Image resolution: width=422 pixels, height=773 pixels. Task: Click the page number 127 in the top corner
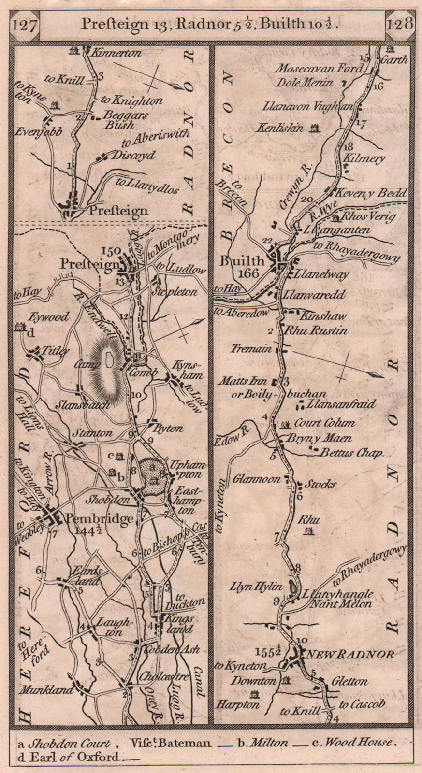click(x=25, y=25)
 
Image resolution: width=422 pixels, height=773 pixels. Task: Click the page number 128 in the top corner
click(x=399, y=24)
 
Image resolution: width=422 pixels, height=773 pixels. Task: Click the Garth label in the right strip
click(x=394, y=60)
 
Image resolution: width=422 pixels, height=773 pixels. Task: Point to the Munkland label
click(x=46, y=690)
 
